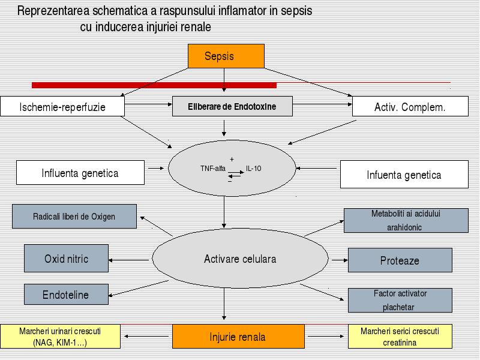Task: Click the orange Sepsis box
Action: click(226, 56)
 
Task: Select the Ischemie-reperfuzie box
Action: click(62, 106)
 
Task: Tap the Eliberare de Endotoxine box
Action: click(232, 106)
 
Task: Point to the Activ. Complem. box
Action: click(410, 106)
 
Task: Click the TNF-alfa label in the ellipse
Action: click(213, 169)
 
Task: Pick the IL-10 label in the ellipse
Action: click(254, 169)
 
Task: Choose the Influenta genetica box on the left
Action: click(80, 173)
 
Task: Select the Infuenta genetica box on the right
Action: click(404, 174)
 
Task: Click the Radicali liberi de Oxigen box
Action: click(74, 217)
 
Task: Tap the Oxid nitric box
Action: click(66, 259)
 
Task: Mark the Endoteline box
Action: click(66, 295)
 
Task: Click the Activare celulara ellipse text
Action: click(240, 259)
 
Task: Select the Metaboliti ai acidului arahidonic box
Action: click(406, 220)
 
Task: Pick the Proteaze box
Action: click(400, 260)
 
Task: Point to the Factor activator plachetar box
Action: click(400, 301)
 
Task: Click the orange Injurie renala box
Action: click(238, 337)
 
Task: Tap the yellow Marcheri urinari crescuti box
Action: click(61, 337)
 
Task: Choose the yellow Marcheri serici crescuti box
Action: click(400, 337)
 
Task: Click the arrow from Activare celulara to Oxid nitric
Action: click(128, 260)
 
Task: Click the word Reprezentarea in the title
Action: click(53, 11)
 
